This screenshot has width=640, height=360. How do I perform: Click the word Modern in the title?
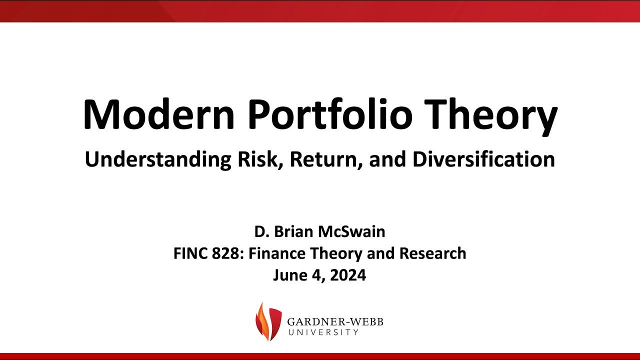(x=158, y=114)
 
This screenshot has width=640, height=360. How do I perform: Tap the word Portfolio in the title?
(x=330, y=114)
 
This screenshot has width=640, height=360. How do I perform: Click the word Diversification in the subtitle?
(x=483, y=159)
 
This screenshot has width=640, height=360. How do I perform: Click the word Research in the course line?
(x=432, y=253)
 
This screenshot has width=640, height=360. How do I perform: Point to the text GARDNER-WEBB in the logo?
(x=335, y=322)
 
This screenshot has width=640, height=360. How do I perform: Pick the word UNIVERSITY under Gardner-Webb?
(x=323, y=332)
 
